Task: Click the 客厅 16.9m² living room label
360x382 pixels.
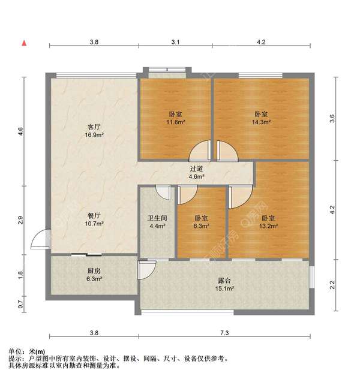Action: (x=93, y=131)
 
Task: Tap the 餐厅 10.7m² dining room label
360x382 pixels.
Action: (x=93, y=219)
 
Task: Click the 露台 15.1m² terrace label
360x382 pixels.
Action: (x=225, y=284)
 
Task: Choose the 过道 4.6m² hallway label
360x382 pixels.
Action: (x=197, y=173)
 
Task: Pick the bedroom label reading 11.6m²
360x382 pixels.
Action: (x=175, y=118)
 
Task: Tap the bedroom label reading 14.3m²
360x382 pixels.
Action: (x=260, y=118)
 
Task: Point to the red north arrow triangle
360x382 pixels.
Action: (x=24, y=43)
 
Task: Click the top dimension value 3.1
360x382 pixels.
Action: (x=175, y=42)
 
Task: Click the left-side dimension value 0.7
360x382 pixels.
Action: (x=20, y=306)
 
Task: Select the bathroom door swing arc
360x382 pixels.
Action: (x=162, y=191)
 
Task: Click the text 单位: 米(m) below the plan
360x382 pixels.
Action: (x=28, y=351)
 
